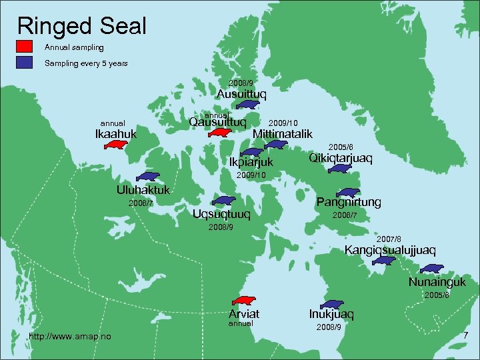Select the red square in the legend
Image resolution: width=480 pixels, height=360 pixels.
pyautogui.click(x=25, y=47)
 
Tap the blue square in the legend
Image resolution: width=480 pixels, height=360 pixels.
pyautogui.click(x=25, y=63)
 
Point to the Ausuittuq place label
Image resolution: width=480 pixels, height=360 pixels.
pyautogui.click(x=241, y=94)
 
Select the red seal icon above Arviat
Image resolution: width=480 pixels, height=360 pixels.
pyautogui.click(x=245, y=302)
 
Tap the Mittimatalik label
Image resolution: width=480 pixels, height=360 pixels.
pyautogui.click(x=283, y=134)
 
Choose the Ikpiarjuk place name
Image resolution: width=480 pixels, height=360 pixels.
pyautogui.click(x=251, y=162)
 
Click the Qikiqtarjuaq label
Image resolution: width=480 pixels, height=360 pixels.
pyautogui.click(x=341, y=158)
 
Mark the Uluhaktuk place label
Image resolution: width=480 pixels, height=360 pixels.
pyautogui.click(x=143, y=189)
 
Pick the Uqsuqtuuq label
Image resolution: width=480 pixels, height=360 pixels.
pyautogui.click(x=221, y=214)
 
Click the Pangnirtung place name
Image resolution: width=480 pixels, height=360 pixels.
pyautogui.click(x=349, y=201)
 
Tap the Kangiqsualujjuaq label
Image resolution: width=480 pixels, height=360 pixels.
pyautogui.click(x=390, y=250)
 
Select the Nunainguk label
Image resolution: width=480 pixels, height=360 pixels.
pyautogui.click(x=437, y=282)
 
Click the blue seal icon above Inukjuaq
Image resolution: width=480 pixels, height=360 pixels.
pyautogui.click(x=331, y=304)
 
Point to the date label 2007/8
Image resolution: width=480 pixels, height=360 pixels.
pyautogui.click(x=389, y=239)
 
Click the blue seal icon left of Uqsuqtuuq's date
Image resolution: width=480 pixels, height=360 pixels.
pyautogui.click(x=223, y=201)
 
